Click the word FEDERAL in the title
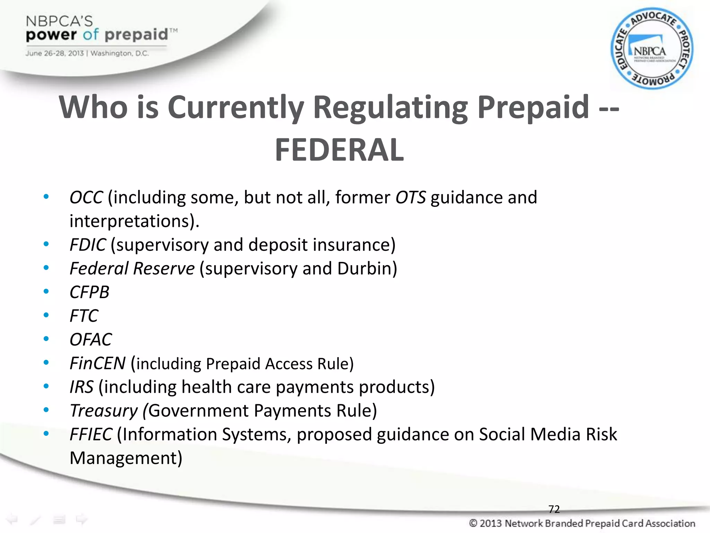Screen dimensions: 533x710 click(x=339, y=150)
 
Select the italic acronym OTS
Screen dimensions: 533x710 click(x=410, y=197)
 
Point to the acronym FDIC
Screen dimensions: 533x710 click(x=88, y=245)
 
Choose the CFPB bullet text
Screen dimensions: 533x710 click(x=89, y=292)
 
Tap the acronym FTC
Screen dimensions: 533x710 click(x=84, y=316)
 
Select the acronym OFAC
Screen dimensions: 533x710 click(x=91, y=339)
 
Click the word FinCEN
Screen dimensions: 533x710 click(x=97, y=363)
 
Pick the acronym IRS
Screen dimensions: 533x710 click(x=81, y=387)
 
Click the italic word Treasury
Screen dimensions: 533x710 click(x=104, y=411)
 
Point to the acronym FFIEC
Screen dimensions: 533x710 click(x=91, y=434)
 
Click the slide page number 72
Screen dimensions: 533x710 click(x=554, y=509)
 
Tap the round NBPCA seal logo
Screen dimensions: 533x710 click(x=652, y=49)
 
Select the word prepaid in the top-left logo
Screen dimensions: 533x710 click(x=136, y=35)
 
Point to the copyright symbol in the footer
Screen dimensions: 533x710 click(x=473, y=523)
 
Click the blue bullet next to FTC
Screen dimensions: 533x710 click(x=46, y=315)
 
